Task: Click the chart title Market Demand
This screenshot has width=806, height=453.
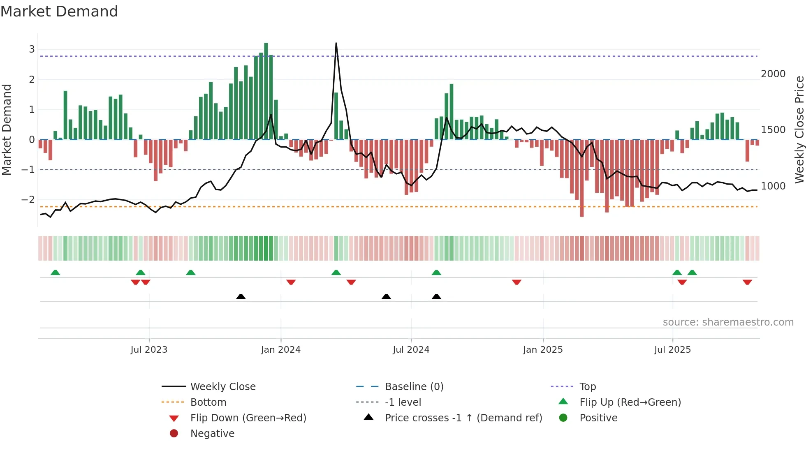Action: (59, 12)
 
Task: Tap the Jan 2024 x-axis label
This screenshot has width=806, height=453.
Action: (280, 350)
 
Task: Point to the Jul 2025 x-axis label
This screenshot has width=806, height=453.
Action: (672, 350)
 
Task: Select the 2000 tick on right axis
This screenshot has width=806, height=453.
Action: (773, 74)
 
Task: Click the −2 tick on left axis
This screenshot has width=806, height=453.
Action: (28, 200)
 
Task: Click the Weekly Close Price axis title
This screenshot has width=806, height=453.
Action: (799, 129)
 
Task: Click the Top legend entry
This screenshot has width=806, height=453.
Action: (588, 387)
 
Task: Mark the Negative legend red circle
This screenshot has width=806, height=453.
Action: (174, 434)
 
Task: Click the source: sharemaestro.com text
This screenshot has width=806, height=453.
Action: (728, 322)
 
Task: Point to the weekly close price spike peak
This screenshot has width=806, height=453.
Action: (336, 44)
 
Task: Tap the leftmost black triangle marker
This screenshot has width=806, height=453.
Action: (241, 296)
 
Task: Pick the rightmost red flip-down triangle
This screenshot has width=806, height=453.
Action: (747, 282)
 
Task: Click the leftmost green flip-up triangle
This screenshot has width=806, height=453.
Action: (55, 273)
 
